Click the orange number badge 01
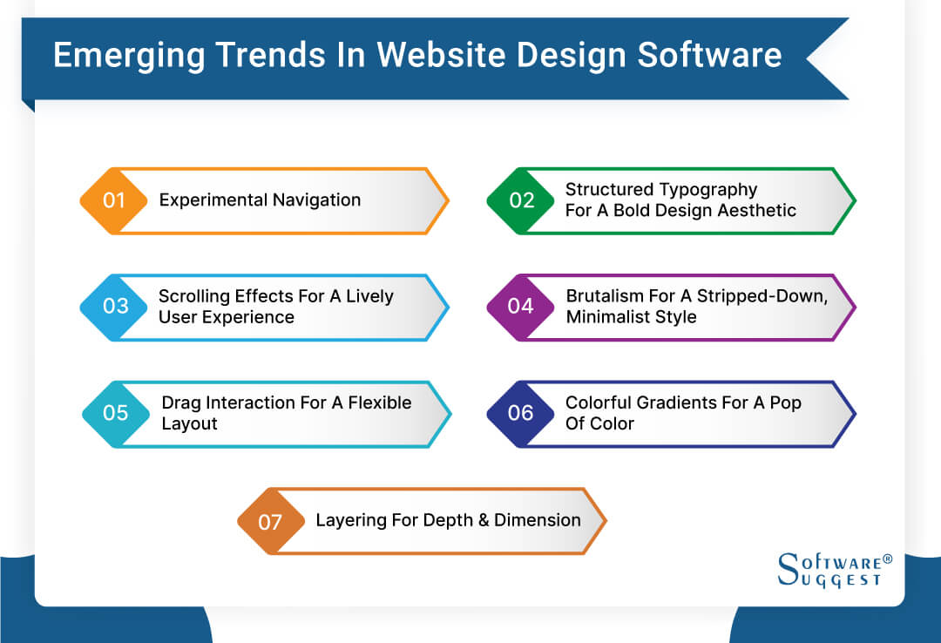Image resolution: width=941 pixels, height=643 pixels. point(113,200)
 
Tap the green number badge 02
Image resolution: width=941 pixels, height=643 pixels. point(521,200)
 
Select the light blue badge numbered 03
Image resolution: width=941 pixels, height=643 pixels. point(115,307)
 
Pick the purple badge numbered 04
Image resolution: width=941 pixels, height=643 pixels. point(521,307)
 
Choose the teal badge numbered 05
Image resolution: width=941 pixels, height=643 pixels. point(116,413)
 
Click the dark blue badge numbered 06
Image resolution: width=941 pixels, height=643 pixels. point(521,413)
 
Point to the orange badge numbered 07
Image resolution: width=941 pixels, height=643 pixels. point(270,521)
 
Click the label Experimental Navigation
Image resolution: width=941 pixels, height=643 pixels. point(260,200)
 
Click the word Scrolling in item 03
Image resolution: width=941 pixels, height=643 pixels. point(195,296)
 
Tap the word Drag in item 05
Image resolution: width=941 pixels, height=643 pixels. point(181,403)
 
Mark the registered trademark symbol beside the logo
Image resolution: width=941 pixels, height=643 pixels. point(888,558)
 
